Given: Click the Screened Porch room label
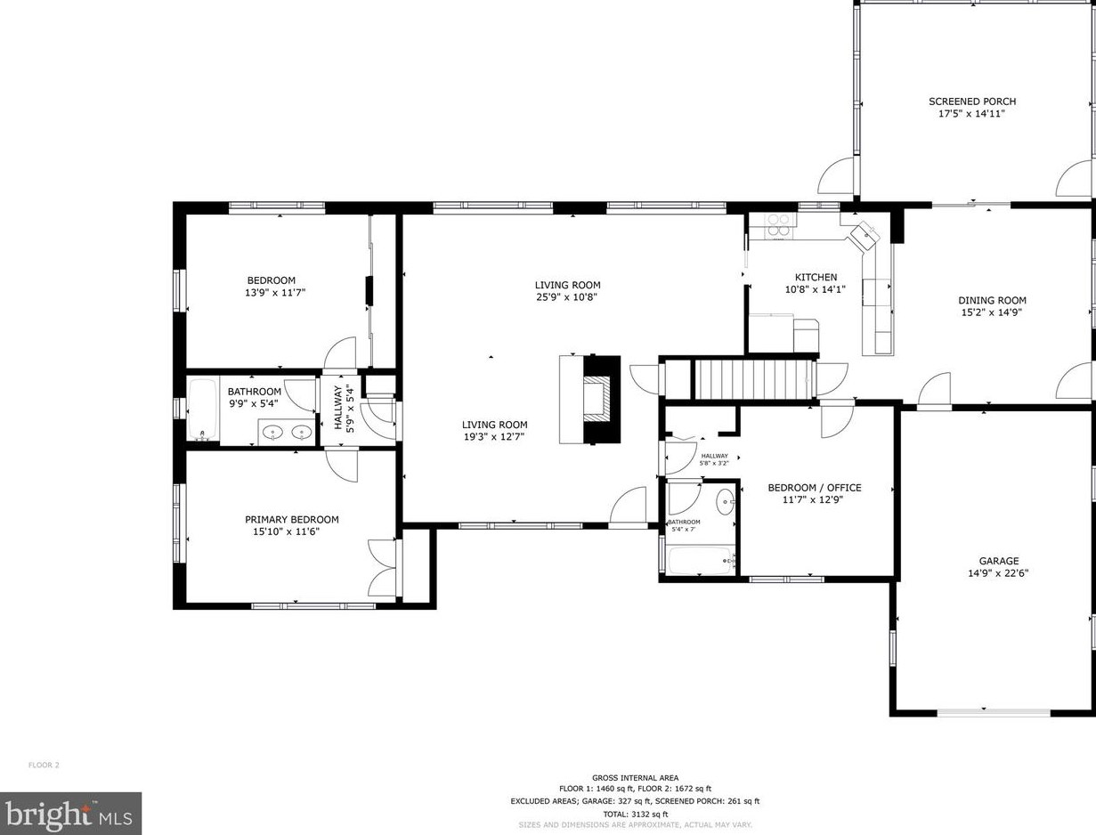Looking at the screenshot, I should pos(972,101).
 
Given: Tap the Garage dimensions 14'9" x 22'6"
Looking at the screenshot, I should pos(998,574).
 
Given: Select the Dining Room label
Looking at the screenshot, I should pos(992,301).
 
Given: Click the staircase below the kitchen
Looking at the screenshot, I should pos(754,379).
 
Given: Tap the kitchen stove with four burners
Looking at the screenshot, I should pos(780,223).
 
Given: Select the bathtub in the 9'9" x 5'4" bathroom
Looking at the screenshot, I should pos(203,409).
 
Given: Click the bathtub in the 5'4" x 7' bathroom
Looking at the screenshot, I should pos(702,560).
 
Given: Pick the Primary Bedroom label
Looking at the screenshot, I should pos(291,520).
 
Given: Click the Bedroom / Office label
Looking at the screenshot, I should pos(815,488).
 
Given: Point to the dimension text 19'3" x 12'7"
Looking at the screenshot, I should pos(494,437).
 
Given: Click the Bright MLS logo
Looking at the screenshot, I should pos(70,814).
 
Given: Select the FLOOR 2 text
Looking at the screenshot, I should pos(44,765).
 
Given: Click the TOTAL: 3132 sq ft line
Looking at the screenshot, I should pos(635,814).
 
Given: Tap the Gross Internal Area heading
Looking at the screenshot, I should pos(635,777).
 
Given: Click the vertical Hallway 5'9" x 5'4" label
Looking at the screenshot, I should pos(344,408).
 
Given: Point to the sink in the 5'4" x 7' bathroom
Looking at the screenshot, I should pos(725,501).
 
